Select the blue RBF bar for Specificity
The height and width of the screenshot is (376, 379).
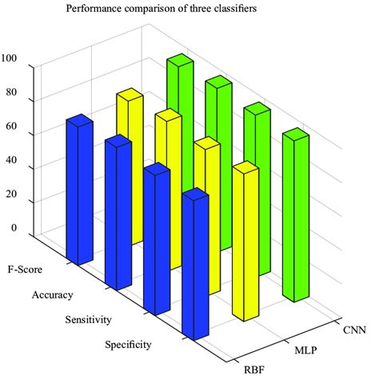194,272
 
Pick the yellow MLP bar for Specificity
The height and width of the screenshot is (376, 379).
244,240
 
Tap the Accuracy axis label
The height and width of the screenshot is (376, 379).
52,295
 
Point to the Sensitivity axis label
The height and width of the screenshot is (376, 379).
87,321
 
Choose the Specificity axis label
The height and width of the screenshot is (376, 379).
128,346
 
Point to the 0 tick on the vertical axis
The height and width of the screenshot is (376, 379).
14,228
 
